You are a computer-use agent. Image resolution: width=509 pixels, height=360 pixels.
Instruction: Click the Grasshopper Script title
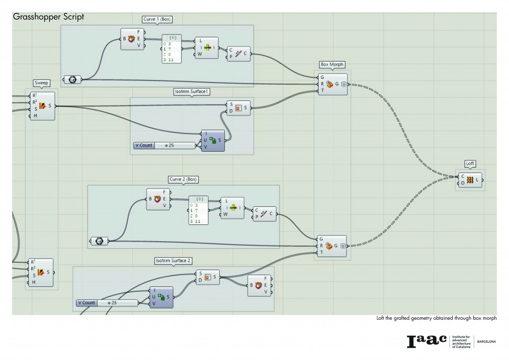coord(49,16)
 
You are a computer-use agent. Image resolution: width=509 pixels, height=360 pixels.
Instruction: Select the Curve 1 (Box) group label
coord(157,19)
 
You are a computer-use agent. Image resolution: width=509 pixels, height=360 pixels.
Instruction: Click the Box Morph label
coord(333,65)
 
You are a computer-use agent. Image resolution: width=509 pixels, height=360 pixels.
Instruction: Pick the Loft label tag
coord(470,163)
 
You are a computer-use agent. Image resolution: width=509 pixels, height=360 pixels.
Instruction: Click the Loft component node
coord(470,180)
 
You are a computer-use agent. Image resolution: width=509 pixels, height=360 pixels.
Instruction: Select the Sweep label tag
coord(42,83)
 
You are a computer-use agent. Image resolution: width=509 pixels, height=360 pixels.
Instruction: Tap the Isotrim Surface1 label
coord(191,92)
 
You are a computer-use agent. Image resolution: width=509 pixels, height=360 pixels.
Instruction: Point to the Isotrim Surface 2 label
coord(173,260)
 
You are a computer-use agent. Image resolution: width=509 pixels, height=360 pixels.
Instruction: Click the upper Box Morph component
coord(333,84)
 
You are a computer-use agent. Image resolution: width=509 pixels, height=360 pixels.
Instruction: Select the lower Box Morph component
coord(333,246)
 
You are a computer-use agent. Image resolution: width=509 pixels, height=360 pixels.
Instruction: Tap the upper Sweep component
coord(42,106)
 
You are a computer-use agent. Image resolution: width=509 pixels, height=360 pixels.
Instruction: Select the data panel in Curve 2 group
coord(198,211)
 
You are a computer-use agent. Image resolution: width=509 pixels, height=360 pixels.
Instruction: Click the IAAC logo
coord(427,341)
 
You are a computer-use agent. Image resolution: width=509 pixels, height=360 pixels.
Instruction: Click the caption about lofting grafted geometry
coord(436,318)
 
